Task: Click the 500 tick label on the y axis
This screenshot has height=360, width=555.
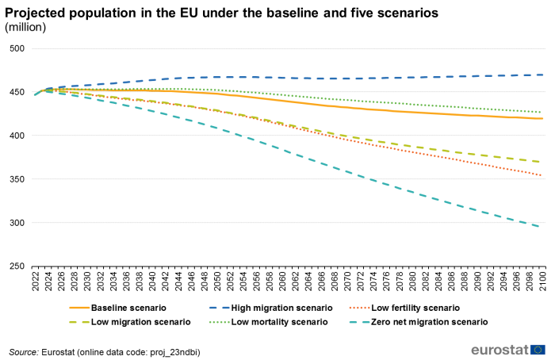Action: click(x=17, y=48)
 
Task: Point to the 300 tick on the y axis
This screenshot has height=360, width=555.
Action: click(x=17, y=223)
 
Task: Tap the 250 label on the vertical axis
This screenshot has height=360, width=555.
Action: click(x=17, y=266)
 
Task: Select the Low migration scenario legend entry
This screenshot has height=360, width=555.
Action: click(x=140, y=322)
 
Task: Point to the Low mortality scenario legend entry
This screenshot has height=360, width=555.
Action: click(x=279, y=322)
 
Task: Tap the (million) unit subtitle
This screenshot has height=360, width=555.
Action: click(x=25, y=28)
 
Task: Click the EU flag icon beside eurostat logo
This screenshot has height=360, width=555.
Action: click(x=538, y=350)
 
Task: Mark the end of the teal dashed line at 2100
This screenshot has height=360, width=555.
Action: click(x=542, y=227)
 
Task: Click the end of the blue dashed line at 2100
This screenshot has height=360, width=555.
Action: click(x=542, y=75)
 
